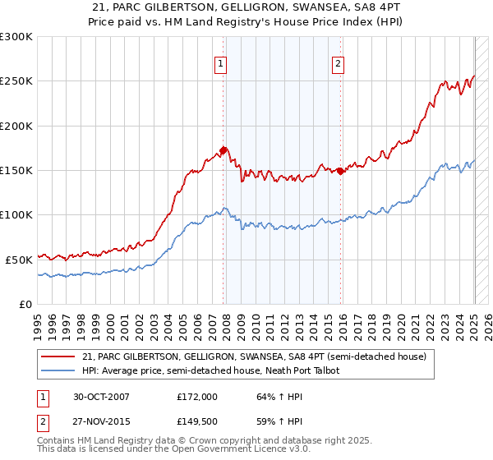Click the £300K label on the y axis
pos(16,37)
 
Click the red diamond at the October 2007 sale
pos(223,151)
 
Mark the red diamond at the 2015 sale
pos(341,171)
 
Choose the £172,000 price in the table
pos(197,397)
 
